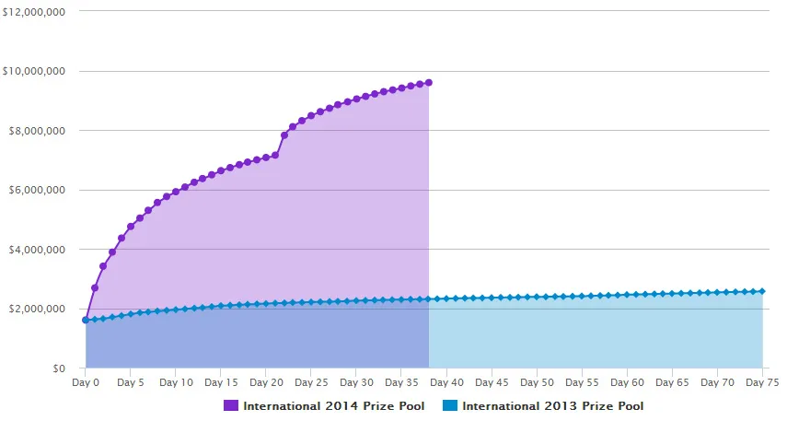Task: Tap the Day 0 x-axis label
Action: pyautogui.click(x=85, y=382)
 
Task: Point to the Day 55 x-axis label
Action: pyautogui.click(x=582, y=382)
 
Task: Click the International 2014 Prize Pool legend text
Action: pyautogui.click(x=333, y=405)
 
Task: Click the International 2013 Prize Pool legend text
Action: pyautogui.click(x=552, y=405)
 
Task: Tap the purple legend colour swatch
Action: pyautogui.click(x=230, y=405)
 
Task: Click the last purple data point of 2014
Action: pyautogui.click(x=429, y=82)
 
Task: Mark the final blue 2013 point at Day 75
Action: pyautogui.click(x=762, y=291)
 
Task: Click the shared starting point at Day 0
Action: pyautogui.click(x=86, y=320)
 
